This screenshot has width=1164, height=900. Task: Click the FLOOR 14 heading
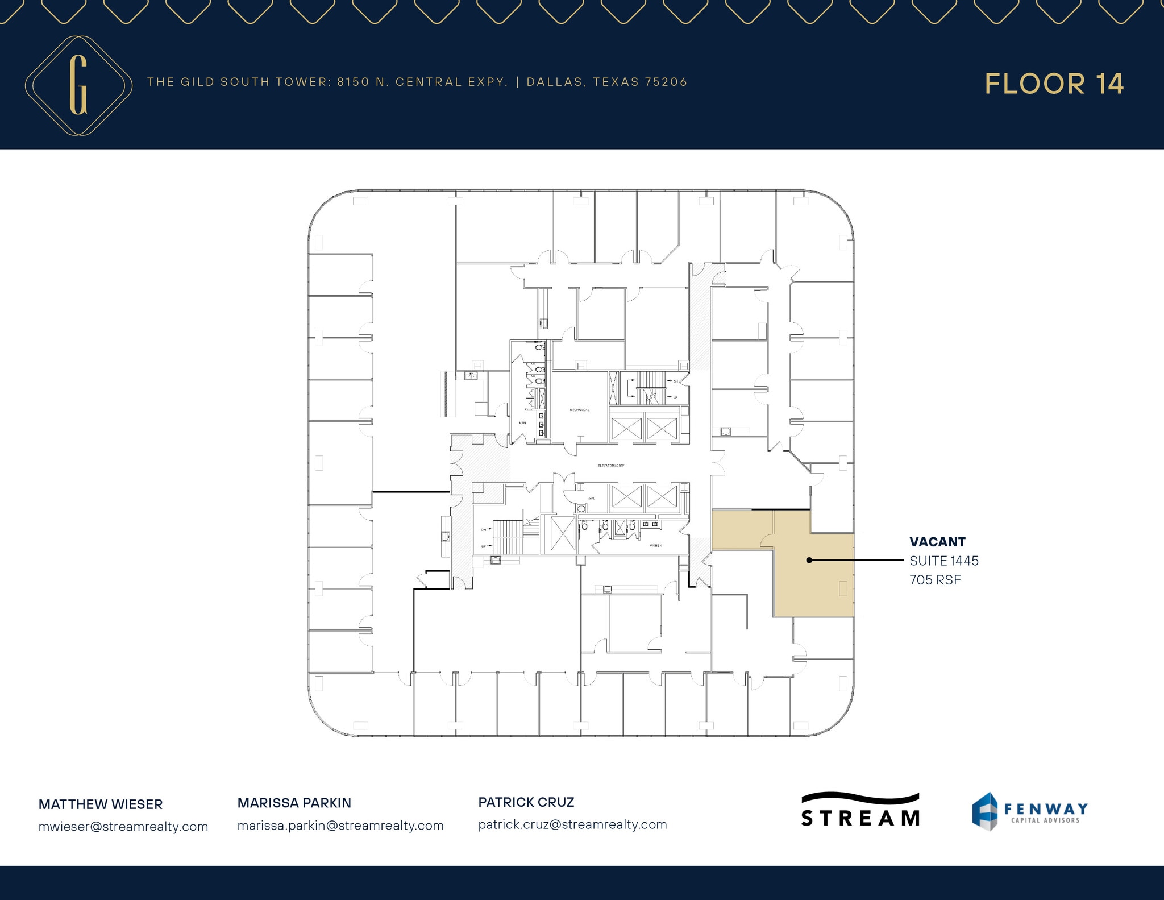1054,84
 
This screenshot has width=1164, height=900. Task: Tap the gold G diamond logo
78,85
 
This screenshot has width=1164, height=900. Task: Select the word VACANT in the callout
937,542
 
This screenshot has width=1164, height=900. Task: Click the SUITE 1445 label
943,561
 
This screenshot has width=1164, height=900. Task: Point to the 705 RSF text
935,580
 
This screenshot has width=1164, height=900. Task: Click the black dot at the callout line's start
809,560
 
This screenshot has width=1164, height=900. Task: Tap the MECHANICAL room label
579,410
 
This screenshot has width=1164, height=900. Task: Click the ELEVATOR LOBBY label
611,466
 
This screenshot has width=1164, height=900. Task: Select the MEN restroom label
522,423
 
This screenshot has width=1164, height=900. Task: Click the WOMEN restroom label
655,545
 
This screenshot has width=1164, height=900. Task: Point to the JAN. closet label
591,498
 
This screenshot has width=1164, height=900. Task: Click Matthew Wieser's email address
123,827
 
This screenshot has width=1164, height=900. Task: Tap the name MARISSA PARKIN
294,803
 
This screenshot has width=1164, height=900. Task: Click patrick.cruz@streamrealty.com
572,824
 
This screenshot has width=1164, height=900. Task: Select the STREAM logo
860,810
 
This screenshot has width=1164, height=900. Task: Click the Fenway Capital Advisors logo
1029,811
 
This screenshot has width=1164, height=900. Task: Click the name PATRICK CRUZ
526,802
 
